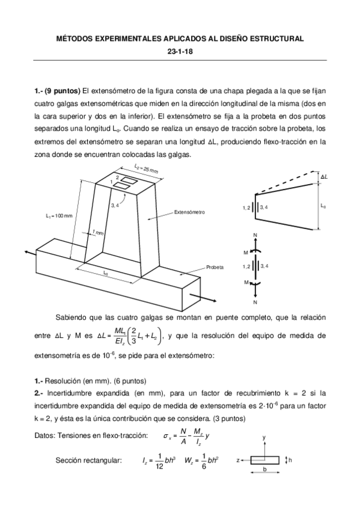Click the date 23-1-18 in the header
180,51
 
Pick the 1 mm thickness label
97,233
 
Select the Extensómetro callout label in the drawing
190,212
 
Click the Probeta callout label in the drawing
215,266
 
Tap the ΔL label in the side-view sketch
324,177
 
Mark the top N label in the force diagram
255,235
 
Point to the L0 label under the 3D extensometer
106,273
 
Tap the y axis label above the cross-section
264,438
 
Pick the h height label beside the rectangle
291,460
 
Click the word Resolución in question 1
65,381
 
